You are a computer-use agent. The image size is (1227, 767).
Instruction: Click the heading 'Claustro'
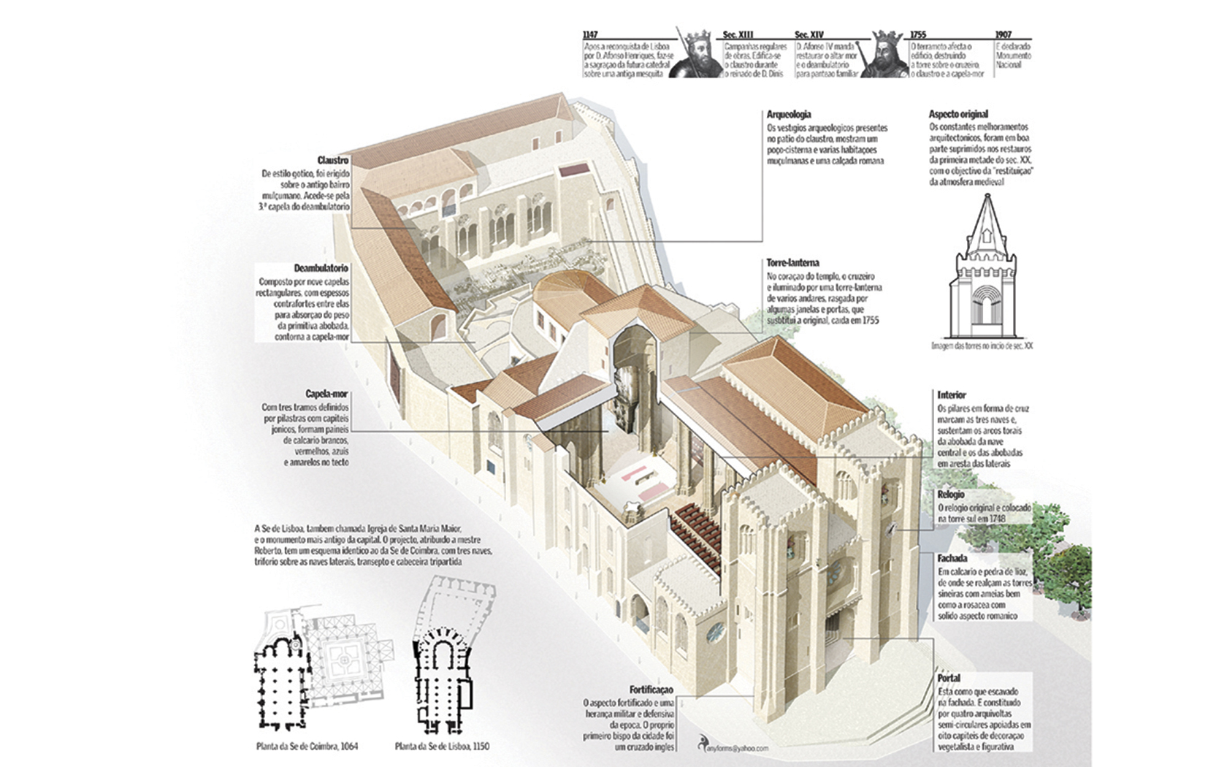[333, 161]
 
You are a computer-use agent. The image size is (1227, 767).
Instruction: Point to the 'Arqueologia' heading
[789, 115]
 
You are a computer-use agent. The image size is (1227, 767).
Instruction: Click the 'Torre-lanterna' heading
[792, 262]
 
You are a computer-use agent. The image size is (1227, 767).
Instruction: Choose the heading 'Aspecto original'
[958, 115]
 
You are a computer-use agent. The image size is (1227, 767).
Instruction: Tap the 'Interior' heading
[952, 395]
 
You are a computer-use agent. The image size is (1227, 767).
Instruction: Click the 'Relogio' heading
[951, 495]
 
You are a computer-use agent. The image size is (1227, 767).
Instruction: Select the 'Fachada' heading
[952, 558]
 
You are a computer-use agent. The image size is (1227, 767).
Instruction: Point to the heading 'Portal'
[949, 678]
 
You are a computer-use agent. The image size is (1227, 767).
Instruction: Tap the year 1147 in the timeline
[591, 35]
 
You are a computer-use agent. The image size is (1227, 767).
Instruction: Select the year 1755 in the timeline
[918, 35]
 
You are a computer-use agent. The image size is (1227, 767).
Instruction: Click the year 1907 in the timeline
[1003, 35]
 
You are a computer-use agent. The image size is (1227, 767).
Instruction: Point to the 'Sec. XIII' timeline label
[738, 35]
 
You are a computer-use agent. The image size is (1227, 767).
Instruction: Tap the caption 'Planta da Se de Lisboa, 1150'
[442, 747]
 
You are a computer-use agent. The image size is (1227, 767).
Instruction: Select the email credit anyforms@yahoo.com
[735, 747]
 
